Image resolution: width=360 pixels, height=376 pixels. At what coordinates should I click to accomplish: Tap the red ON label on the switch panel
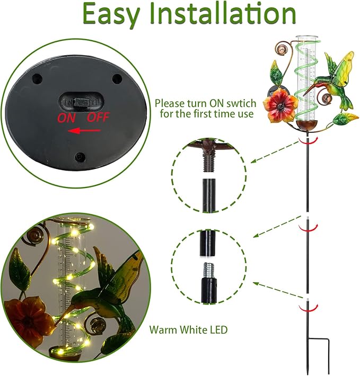coord(67,118)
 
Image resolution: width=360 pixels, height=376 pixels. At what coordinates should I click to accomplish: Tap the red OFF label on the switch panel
coord(98,118)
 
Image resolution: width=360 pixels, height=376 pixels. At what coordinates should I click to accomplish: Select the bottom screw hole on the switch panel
coord(80,157)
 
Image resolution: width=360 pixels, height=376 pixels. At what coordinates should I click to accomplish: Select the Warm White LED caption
coord(188,330)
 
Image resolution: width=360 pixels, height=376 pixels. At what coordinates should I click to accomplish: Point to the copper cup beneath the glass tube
coord(310,128)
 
